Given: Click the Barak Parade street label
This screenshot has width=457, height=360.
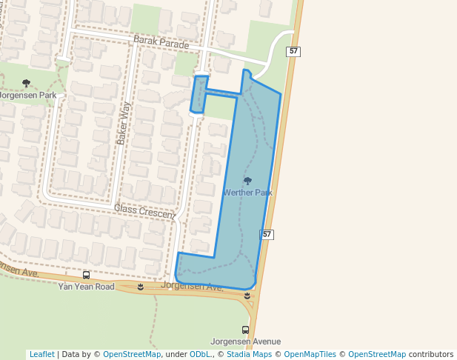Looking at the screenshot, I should tap(161, 44).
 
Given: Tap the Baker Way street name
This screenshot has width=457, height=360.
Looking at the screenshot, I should tap(123, 123).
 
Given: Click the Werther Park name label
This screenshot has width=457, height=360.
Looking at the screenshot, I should tap(247, 193).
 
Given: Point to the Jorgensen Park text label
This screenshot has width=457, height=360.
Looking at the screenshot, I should tap(27, 96).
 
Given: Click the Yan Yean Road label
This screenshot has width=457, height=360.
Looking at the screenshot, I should tap(87, 286).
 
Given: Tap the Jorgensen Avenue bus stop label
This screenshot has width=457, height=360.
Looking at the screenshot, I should tap(245, 341).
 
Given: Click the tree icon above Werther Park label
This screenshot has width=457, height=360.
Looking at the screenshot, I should tap(247, 181).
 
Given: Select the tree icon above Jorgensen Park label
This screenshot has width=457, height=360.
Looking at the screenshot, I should tap(27, 84).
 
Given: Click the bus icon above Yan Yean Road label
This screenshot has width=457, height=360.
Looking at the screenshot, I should tap(87, 275).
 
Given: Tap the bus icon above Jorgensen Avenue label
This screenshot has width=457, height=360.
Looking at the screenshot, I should tap(245, 330).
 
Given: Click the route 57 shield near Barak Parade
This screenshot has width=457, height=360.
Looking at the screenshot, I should tap(294, 51).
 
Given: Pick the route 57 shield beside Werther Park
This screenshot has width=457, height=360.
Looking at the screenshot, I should tap(267, 234).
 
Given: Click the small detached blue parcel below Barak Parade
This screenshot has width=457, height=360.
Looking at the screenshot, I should tap(199, 94).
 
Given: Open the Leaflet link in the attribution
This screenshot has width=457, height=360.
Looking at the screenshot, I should tap(41, 354).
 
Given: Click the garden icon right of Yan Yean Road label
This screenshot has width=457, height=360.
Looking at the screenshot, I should tap(140, 287).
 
